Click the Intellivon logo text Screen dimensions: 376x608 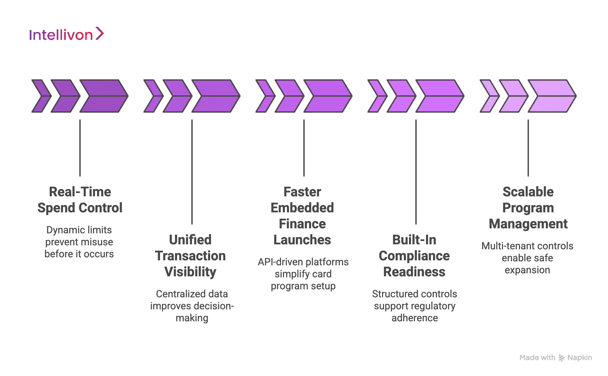pyautogui.click(x=61, y=35)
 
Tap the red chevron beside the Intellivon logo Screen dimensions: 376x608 pyautogui.click(x=100, y=33)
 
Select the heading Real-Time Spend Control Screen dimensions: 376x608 pyautogui.click(x=80, y=200)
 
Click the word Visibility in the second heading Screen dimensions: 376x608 pyautogui.click(x=190, y=272)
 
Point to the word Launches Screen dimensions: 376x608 pyautogui.click(x=302, y=240)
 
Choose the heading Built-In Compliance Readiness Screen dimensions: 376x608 pyautogui.click(x=414, y=256)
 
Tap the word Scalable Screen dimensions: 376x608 pyautogui.click(x=528, y=192)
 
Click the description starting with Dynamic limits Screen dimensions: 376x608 pyautogui.click(x=79, y=242)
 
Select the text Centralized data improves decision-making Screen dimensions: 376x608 pyautogui.click(x=192, y=306)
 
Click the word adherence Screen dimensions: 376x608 pyautogui.click(x=414, y=318)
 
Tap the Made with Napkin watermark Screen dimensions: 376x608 pyautogui.click(x=555, y=358)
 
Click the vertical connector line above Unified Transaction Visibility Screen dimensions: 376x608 pyautogui.click(x=192, y=172)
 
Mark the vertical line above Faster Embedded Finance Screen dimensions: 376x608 pyautogui.click(x=304, y=148)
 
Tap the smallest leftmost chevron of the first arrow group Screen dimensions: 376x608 pyautogui.click(x=41, y=96)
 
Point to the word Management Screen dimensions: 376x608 pyautogui.click(x=528, y=224)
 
